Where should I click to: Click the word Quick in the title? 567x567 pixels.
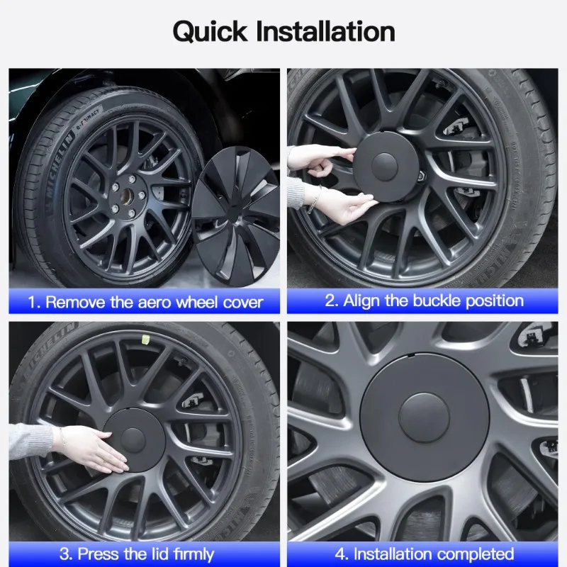pyautogui.click(x=210, y=32)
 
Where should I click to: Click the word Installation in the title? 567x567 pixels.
pyautogui.click(x=325, y=31)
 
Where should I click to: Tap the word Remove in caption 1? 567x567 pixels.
pyautogui.click(x=76, y=303)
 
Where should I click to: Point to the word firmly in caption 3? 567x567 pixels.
pyautogui.click(x=193, y=554)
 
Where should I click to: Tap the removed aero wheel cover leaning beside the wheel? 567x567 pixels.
pyautogui.click(x=236, y=216)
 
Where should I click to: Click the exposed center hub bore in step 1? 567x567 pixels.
pyautogui.click(x=127, y=196)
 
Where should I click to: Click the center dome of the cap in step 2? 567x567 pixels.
pyautogui.click(x=384, y=167)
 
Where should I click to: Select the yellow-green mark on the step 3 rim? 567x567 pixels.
pyautogui.click(x=145, y=339)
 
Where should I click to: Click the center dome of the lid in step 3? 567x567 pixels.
pyautogui.click(x=133, y=440)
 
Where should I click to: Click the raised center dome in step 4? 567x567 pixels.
pyautogui.click(x=424, y=417)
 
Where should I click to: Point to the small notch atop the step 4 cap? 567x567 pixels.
pyautogui.click(x=411, y=355)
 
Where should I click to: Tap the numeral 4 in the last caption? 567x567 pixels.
pyautogui.click(x=340, y=554)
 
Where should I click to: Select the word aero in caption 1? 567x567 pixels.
pyautogui.click(x=155, y=303)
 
